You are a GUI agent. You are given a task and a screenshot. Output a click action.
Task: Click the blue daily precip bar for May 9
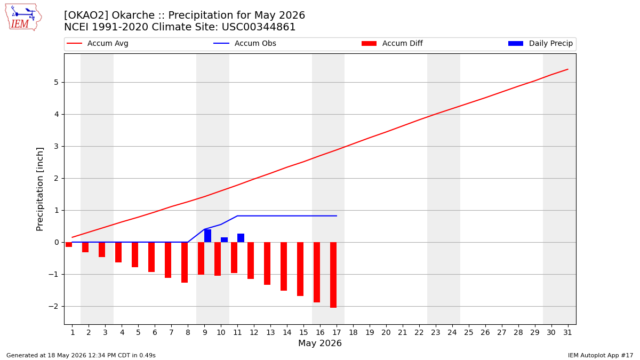pyautogui.click(x=207, y=236)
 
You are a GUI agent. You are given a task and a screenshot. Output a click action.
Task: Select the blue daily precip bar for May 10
pyautogui.click(x=225, y=239)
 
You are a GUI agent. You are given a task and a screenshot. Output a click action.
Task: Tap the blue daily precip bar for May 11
pyautogui.click(x=241, y=238)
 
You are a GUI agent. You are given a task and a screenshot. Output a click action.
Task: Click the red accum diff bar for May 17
pyautogui.click(x=333, y=275)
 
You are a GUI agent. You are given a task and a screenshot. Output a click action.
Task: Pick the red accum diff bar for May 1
pyautogui.click(x=69, y=245)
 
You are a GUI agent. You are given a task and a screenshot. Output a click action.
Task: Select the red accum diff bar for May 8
pyautogui.click(x=185, y=262)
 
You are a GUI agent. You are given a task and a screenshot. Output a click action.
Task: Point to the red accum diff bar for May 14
pyautogui.click(x=284, y=266)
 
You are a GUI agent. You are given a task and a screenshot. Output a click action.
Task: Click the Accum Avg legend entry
pyautogui.click(x=98, y=43)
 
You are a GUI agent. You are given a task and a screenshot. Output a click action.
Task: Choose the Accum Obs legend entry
pyautogui.click(x=245, y=43)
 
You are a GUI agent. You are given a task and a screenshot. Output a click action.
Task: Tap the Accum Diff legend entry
pyautogui.click(x=392, y=43)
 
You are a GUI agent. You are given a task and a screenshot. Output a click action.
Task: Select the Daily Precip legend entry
pyautogui.click(x=541, y=43)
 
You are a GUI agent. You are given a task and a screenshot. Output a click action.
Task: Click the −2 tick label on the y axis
pyautogui.click(x=53, y=306)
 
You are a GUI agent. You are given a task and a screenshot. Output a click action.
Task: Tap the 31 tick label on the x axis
pyautogui.click(x=567, y=332)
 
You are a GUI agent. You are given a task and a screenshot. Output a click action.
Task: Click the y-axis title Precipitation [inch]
pyautogui.click(x=39, y=189)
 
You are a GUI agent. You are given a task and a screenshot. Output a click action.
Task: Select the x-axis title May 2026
pyautogui.click(x=320, y=343)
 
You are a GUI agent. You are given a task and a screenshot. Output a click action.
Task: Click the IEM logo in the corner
pyautogui.click(x=23, y=17)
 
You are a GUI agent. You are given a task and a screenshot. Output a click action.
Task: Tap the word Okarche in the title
pyautogui.click(x=133, y=15)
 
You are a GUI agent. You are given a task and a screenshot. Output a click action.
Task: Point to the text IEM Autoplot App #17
pyautogui.click(x=601, y=355)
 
